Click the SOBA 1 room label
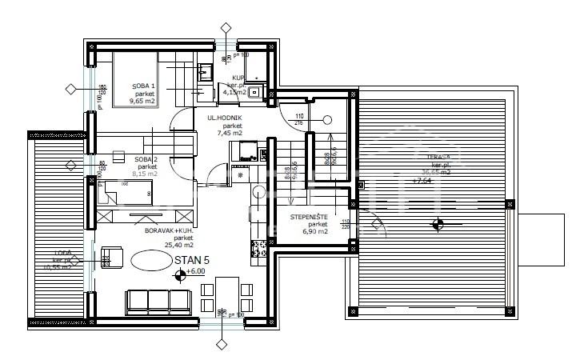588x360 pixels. (145, 86)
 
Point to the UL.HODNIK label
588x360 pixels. (226, 118)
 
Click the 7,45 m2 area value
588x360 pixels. (228, 133)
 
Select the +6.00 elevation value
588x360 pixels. (197, 272)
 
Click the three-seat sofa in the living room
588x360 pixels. (159, 302)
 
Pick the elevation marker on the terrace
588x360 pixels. (438, 225)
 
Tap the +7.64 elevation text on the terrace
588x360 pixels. (423, 181)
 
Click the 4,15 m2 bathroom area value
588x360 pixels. (234, 92)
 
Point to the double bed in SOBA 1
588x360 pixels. (136, 78)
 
